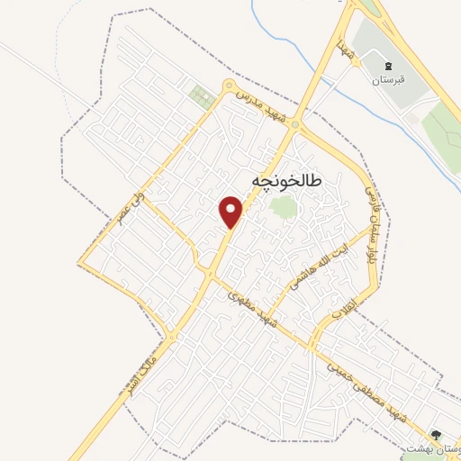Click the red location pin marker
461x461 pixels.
coord(231,211)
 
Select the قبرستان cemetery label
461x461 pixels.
coord(389,80)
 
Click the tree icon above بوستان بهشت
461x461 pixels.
coord(437,434)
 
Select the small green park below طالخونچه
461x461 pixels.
coord(283,208)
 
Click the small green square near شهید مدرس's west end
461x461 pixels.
coord(203,96)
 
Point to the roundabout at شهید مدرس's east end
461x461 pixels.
coord(295,128)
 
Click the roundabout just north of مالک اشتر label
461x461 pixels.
coord(171,337)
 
